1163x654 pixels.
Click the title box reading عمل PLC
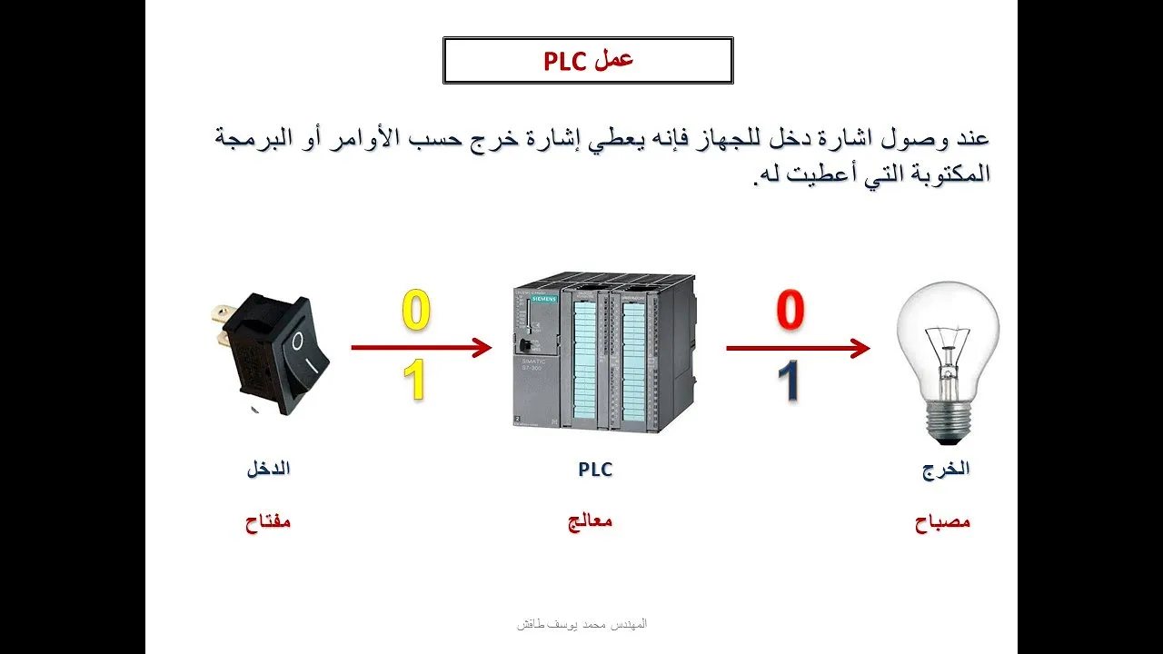(588, 60)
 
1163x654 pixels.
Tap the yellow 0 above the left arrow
(416, 311)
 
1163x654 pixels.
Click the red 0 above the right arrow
(790, 310)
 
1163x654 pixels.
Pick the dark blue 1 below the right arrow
(788, 381)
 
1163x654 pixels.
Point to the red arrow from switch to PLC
(422, 347)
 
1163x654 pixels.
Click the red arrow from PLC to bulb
(798, 348)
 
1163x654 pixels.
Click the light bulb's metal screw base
(949, 423)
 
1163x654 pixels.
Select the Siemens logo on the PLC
(544, 299)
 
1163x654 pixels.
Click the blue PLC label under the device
(595, 470)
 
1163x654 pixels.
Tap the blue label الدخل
(268, 469)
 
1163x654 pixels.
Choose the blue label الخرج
(946, 470)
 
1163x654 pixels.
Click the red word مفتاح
(268, 521)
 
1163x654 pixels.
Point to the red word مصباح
(942, 521)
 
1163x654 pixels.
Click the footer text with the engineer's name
(582, 623)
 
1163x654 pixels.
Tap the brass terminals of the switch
(221, 327)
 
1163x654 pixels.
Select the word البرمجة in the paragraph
(253, 139)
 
